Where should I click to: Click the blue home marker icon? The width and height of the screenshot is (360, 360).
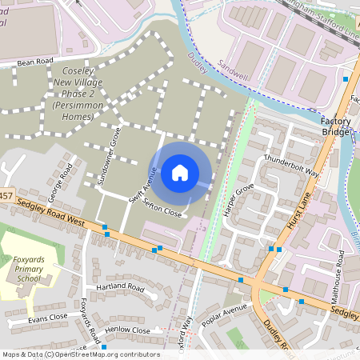tap(180, 172)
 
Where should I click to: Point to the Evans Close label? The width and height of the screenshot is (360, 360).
tap(48, 318)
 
